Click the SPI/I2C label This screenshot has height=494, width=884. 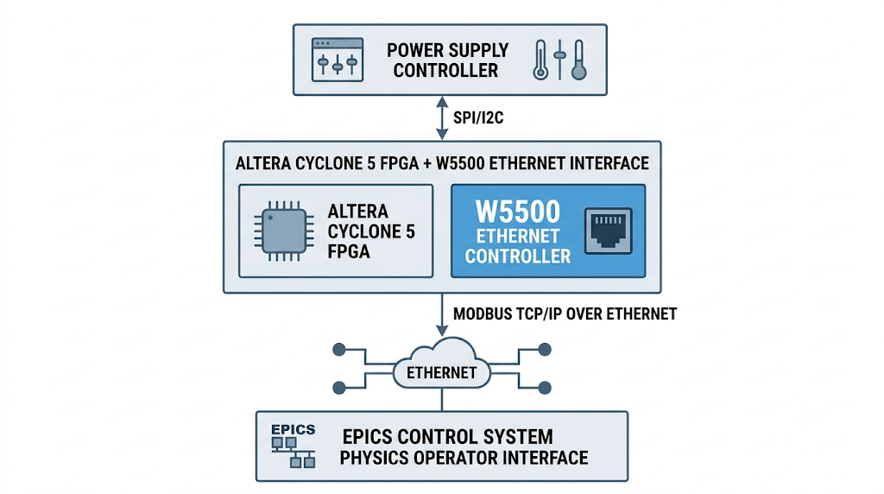[478, 117]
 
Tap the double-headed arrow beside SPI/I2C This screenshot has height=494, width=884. [442, 117]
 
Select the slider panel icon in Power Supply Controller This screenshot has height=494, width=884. [338, 60]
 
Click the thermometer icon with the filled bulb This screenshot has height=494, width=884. [578, 60]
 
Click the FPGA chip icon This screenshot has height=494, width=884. [284, 231]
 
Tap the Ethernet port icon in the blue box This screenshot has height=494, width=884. [609, 231]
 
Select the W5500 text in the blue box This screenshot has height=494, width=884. [518, 212]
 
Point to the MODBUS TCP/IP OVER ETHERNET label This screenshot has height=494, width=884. [565, 314]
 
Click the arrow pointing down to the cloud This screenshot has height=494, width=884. [442, 314]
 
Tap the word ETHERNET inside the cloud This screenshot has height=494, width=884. [441, 373]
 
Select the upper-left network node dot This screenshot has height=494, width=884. [338, 350]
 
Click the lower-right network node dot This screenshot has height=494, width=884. [545, 388]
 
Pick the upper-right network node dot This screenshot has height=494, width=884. [545, 350]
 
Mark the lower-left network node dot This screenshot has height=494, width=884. [338, 388]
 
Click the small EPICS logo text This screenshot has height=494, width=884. [294, 430]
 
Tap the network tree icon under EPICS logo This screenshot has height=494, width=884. [294, 453]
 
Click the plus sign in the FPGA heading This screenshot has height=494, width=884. [427, 163]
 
